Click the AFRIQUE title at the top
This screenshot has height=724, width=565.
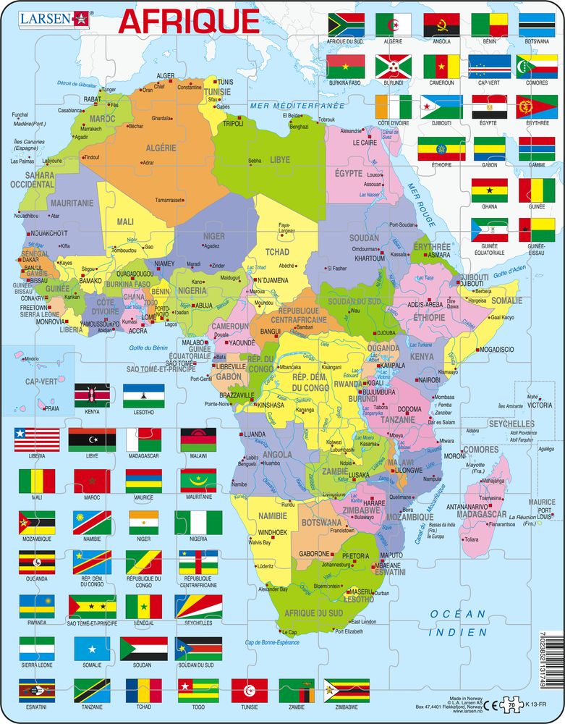188,21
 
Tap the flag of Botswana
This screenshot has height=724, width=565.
535,25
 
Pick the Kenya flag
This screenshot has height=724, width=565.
91,397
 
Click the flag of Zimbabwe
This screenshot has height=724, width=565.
346,690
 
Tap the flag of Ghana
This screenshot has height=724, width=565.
489,190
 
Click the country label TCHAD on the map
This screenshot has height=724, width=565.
279,251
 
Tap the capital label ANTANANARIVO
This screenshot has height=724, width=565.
467,506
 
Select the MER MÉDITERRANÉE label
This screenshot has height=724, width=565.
284,106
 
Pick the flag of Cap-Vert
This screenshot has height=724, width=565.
489,66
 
